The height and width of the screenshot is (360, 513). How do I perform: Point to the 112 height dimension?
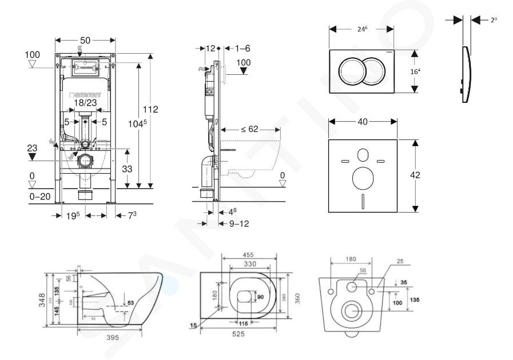click(x=150, y=109)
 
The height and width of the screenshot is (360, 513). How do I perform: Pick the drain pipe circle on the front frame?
click(x=86, y=161)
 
